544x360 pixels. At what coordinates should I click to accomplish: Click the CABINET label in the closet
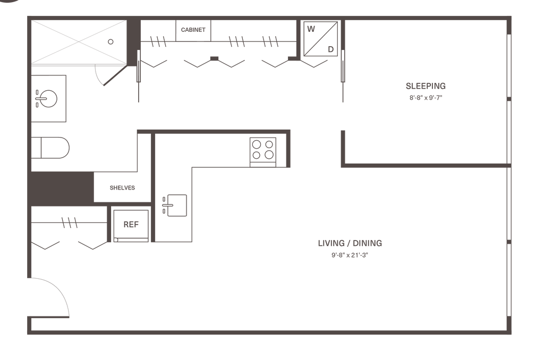[193, 30]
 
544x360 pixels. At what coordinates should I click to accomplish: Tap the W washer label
[311, 30]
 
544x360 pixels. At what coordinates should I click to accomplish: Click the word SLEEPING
[426, 85]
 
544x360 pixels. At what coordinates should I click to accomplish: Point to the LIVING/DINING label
[350, 244]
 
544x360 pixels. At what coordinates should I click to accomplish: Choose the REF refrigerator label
[131, 225]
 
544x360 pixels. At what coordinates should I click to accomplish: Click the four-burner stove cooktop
[263, 149]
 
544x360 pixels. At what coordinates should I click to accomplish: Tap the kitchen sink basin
[175, 205]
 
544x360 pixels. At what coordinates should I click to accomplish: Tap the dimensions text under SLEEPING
[426, 98]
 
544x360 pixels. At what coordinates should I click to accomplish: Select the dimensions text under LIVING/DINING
[350, 255]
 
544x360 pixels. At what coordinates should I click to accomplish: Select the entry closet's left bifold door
[46, 245]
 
